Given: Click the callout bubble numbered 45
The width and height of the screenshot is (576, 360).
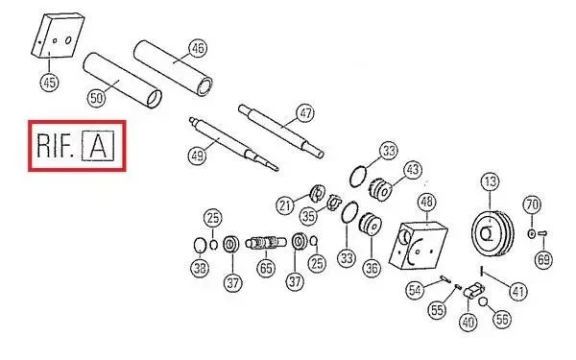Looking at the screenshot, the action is [50, 82].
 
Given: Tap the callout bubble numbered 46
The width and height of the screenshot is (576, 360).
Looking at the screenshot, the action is [198, 48].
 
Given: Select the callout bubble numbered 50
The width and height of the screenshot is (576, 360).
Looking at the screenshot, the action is [96, 98].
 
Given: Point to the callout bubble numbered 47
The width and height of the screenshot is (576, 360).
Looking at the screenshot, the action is [305, 112].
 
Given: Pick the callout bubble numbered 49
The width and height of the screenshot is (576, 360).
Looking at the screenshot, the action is [197, 156].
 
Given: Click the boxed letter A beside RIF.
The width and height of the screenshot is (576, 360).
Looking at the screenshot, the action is [98, 146].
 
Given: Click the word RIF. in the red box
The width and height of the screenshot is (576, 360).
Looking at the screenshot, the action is [54, 146].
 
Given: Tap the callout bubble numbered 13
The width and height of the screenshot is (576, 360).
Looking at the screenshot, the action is [490, 181].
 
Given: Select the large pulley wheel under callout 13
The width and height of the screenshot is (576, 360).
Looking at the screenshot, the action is [492, 233].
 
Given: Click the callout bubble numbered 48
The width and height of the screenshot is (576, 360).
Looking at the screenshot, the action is [426, 202].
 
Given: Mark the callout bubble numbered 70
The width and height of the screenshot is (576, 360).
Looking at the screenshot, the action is [532, 204].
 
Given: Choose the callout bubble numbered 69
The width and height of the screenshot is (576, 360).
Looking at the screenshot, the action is [543, 259].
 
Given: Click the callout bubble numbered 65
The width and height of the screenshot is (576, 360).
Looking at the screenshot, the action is [266, 268].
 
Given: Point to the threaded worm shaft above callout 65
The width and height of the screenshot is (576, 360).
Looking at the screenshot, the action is [265, 243].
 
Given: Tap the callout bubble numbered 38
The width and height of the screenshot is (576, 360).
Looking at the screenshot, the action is [200, 268].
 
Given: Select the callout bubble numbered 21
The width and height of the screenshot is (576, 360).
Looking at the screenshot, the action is [285, 205].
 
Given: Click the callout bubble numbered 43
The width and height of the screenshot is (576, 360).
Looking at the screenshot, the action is [413, 170].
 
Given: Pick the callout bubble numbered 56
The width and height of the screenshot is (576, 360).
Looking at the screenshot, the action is [502, 319].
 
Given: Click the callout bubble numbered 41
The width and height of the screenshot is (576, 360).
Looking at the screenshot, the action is [517, 292].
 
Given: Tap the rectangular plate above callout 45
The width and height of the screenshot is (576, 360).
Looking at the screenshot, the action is [58, 36].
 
